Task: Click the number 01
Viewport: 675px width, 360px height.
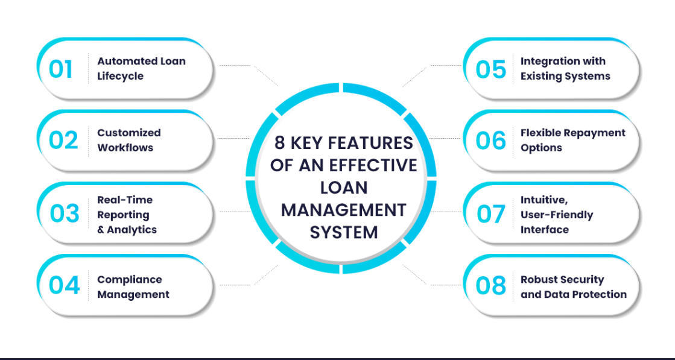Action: click(60, 69)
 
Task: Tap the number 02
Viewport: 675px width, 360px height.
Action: click(63, 141)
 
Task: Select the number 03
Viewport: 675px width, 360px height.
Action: click(64, 213)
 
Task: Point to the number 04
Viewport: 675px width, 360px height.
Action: click(64, 286)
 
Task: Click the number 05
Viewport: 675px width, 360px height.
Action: click(491, 69)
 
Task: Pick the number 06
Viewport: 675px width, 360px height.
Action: click(491, 141)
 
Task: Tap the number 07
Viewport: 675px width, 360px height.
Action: click(491, 213)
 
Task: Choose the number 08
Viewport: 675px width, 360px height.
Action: click(491, 286)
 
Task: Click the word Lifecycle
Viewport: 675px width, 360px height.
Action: click(120, 77)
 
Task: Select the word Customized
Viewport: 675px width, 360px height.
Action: click(128, 133)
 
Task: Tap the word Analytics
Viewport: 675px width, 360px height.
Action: click(132, 230)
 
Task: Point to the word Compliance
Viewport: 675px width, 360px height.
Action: click(130, 280)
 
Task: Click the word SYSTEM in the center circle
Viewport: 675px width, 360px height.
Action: click(344, 233)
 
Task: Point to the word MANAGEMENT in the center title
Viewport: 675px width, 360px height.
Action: click(344, 210)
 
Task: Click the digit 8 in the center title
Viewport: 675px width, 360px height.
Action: click(280, 144)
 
